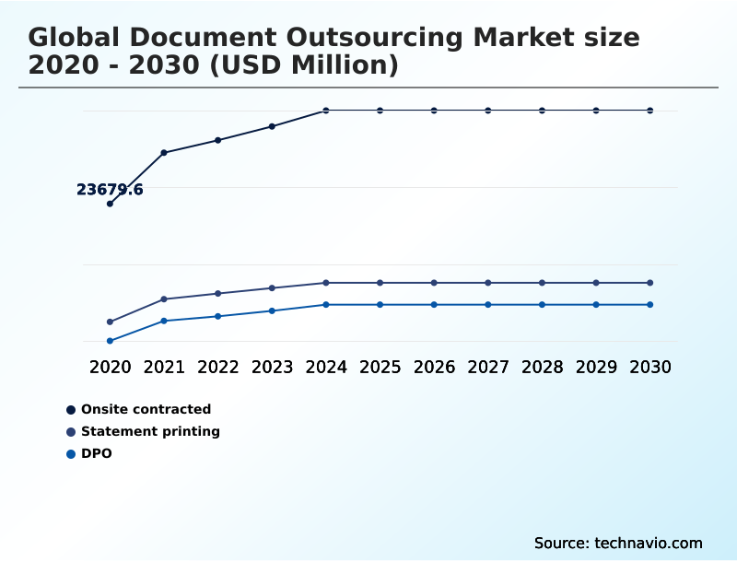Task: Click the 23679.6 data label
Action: coord(110,190)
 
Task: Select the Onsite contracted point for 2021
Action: coord(164,152)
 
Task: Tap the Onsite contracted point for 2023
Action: coord(272,126)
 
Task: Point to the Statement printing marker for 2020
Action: coord(110,322)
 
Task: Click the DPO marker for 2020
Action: coord(110,341)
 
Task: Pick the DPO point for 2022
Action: coord(218,316)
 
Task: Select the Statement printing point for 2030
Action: coord(649,283)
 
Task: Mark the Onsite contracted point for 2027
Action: coord(488,111)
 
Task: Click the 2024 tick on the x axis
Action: coord(326,367)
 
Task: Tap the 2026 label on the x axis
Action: coord(434,367)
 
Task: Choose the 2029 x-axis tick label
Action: coord(596,367)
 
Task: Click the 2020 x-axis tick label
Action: coord(110,367)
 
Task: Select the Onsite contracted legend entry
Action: coord(146,409)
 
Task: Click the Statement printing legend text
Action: coord(150,431)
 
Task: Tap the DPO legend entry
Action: coord(96,453)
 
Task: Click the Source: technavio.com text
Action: coord(618,543)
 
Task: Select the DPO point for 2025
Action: coord(380,304)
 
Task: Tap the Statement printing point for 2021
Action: coord(164,299)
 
